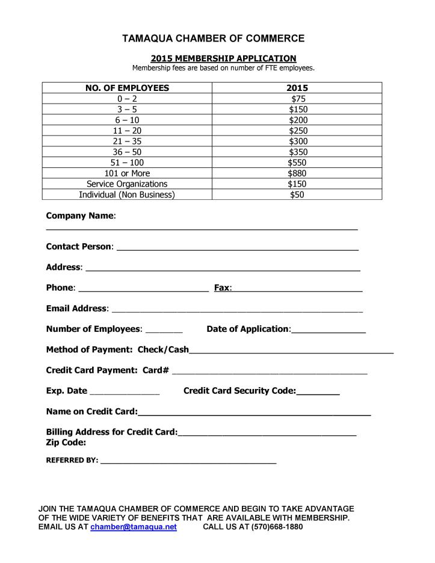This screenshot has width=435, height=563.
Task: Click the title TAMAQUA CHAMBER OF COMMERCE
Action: pyautogui.click(x=214, y=39)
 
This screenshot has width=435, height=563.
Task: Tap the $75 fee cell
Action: pyautogui.click(x=297, y=99)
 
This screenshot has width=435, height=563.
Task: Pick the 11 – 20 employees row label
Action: pyautogui.click(x=127, y=131)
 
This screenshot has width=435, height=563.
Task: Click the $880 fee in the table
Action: pyautogui.click(x=297, y=173)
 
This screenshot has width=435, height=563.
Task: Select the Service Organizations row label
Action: pyautogui.click(x=127, y=184)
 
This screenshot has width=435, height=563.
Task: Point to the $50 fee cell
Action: pyautogui.click(x=297, y=194)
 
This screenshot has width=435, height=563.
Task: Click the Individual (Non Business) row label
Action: pyautogui.click(x=127, y=194)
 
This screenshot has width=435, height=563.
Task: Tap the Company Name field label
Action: pyautogui.click(x=81, y=216)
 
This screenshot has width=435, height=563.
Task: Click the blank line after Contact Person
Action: pyautogui.click(x=237, y=248)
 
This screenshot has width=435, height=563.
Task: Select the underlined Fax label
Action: pyautogui.click(x=222, y=288)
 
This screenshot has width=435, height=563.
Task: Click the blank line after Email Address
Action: pyautogui.click(x=237, y=311)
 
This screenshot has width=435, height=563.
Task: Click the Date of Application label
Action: pyautogui.click(x=248, y=329)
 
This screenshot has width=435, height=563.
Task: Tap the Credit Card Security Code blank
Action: pyautogui.click(x=318, y=393)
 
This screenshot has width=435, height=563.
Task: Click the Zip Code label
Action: pyautogui.click(x=66, y=443)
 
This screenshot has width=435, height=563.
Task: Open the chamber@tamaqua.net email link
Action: pyautogui.click(x=134, y=527)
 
